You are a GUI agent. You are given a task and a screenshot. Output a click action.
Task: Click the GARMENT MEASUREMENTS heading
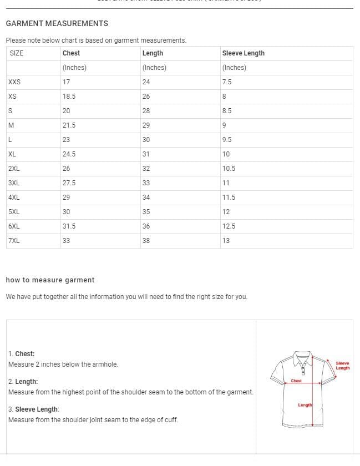tap(57, 23)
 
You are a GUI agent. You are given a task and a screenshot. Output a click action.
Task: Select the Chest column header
tap(71, 53)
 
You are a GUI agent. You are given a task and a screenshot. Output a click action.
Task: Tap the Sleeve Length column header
tap(243, 53)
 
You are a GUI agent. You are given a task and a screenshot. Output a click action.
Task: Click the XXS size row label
tap(14, 82)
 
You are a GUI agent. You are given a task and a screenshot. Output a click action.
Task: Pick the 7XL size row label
tap(14, 241)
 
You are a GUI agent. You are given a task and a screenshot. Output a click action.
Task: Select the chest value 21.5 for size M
tap(69, 125)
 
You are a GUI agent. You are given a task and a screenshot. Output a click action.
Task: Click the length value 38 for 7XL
tap(146, 241)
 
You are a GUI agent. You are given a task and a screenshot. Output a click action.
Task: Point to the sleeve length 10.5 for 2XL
tap(229, 169)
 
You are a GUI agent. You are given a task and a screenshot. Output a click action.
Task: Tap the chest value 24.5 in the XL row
tap(69, 154)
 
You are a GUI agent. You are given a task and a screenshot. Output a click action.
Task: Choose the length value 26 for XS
tap(146, 97)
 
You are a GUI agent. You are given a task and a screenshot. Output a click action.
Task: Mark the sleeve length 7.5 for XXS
tap(226, 82)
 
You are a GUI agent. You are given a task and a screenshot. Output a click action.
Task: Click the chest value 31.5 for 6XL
tap(69, 226)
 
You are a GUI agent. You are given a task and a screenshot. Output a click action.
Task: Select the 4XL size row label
tap(14, 197)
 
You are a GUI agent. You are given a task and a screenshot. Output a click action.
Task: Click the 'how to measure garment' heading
tap(50, 280)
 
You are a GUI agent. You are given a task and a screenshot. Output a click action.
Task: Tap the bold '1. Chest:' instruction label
tap(21, 354)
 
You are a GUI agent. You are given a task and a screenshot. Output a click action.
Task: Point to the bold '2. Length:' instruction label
tap(23, 382)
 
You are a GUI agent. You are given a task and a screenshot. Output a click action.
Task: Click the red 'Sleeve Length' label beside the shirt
tap(343, 366)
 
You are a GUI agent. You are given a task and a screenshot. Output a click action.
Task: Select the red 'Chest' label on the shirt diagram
tap(296, 381)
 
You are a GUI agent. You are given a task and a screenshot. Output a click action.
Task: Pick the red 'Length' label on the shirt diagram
tap(305, 405)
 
